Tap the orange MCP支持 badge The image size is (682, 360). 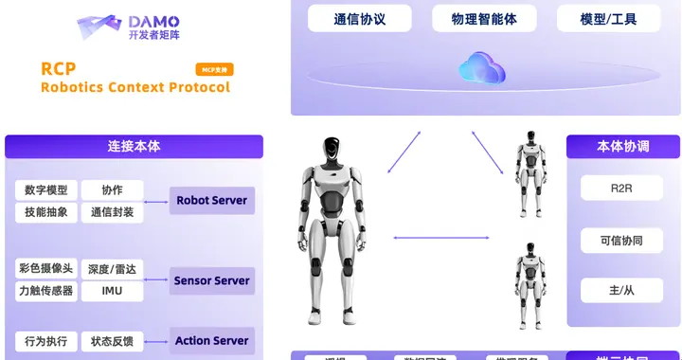[214, 69]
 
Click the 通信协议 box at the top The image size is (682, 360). [360, 18]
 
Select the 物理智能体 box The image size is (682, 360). [484, 18]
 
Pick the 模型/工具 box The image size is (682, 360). [609, 18]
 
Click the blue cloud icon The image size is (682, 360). [482, 67]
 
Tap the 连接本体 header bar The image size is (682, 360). [134, 147]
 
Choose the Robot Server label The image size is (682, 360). [212, 200]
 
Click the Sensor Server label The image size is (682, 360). [212, 280]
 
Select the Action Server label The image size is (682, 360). [212, 340]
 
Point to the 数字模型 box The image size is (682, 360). [45, 189]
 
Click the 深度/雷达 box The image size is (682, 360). [112, 269]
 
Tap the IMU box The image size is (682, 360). [112, 291]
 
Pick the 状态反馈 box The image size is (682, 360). [112, 340]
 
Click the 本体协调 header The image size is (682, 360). [622, 147]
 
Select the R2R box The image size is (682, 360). [622, 188]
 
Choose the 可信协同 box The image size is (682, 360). [622, 240]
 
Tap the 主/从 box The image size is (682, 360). [622, 290]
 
